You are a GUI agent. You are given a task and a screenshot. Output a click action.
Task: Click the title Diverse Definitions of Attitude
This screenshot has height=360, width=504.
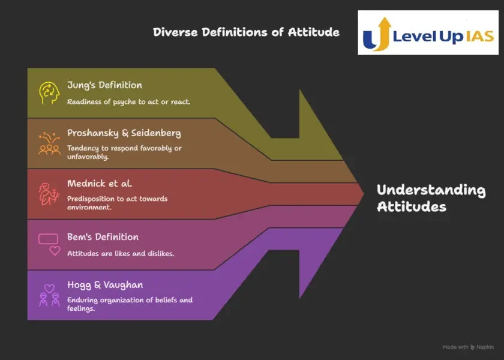(x=246, y=32)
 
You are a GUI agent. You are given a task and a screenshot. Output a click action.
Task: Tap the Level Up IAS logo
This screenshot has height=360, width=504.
(x=428, y=33)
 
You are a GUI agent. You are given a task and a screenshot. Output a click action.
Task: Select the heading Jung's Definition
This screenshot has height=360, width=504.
(x=104, y=85)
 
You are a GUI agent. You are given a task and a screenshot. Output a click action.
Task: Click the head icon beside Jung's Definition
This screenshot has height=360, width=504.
(x=49, y=93)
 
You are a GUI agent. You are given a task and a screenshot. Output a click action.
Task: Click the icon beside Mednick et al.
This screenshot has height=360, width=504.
(x=49, y=194)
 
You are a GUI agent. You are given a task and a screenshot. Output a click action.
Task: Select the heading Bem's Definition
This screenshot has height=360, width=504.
(x=103, y=237)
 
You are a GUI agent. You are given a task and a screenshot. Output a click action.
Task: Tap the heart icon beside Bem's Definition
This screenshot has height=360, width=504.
(x=55, y=251)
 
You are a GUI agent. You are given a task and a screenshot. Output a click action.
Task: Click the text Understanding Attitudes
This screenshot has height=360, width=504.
(x=431, y=199)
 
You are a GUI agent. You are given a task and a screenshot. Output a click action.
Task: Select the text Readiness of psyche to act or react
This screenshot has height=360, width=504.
(x=128, y=101)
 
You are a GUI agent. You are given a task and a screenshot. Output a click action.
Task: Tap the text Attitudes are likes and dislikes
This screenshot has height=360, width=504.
(x=120, y=254)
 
